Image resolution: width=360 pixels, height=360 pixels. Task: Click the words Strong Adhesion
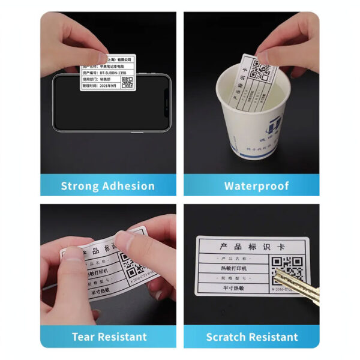(x=108, y=186)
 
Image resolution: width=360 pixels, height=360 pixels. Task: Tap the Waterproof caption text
(x=256, y=186)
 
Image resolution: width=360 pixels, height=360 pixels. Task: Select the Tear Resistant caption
(x=109, y=337)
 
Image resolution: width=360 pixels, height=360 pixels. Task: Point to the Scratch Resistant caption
(x=251, y=337)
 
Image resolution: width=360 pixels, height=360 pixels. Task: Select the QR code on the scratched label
(x=287, y=268)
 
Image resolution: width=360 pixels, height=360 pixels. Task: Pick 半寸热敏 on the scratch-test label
(x=231, y=289)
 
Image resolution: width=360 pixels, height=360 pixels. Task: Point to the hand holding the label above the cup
(x=288, y=42)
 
